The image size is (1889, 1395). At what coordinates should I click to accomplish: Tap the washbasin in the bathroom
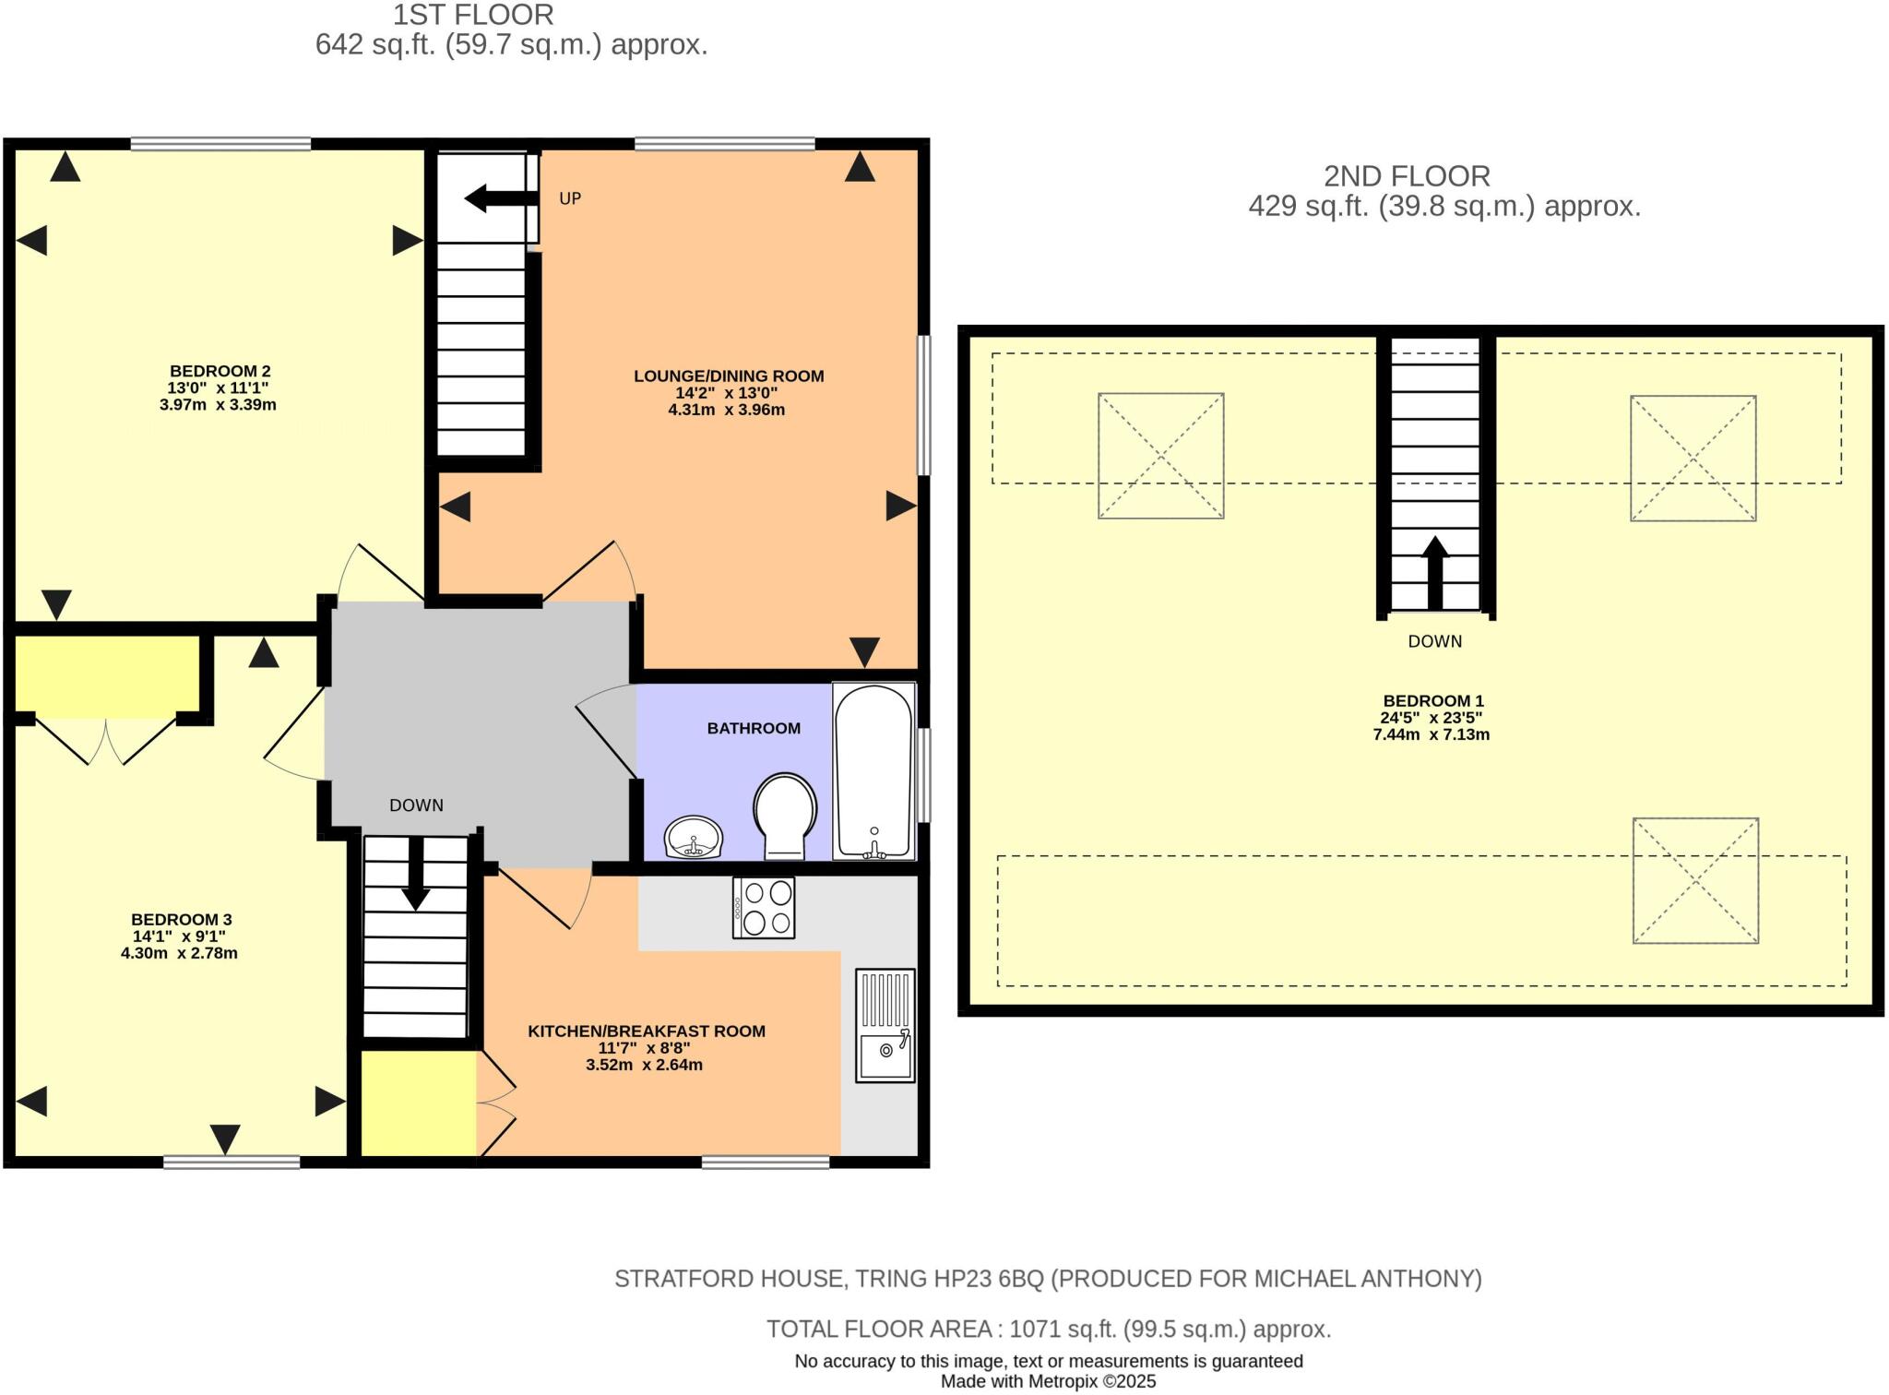[694, 838]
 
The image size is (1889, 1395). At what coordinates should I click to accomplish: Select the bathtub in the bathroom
[873, 770]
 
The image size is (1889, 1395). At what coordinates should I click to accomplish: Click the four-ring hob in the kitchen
[764, 907]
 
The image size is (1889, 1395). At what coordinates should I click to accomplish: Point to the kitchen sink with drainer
[885, 1024]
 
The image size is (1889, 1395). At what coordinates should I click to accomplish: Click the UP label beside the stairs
[570, 198]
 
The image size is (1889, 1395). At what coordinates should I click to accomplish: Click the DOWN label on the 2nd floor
[1434, 641]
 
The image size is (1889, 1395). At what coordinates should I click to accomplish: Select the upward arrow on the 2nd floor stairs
[1434, 572]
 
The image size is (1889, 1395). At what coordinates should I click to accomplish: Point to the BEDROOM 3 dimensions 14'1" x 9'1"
[179, 936]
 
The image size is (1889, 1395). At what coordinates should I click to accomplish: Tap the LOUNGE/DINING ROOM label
[729, 376]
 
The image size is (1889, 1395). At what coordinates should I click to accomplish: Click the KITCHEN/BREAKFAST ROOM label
[646, 1031]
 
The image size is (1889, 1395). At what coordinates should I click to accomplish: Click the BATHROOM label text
[754, 728]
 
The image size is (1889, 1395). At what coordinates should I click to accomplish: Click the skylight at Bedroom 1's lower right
[1695, 880]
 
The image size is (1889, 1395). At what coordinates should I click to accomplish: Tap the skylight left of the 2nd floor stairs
[1160, 456]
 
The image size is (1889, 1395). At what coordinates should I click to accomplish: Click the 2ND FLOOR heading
[1407, 175]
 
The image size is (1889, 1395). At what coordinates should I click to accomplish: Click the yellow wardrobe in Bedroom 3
[108, 673]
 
